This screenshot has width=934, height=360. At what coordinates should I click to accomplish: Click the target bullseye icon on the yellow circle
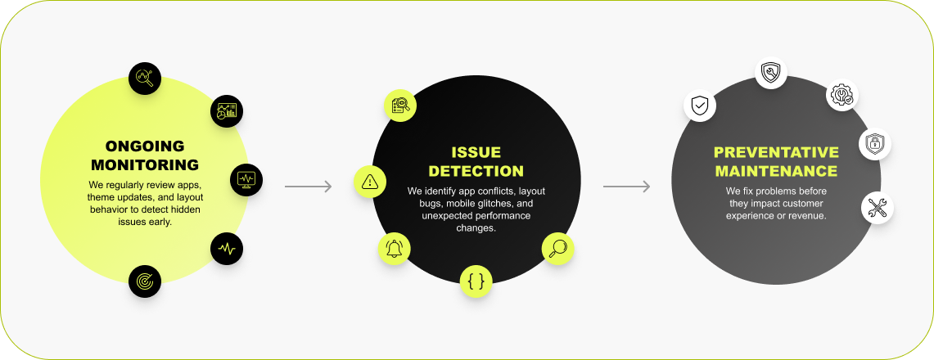pos(145,281)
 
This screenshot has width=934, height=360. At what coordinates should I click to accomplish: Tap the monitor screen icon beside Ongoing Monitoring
pos(246,179)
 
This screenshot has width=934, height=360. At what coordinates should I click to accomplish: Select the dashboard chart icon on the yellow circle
pos(227,111)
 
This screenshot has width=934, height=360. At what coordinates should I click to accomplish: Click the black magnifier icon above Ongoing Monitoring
pos(145,79)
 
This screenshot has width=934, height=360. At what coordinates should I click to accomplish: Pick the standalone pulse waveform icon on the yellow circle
pos(227,248)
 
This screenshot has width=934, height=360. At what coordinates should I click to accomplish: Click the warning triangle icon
pos(370,182)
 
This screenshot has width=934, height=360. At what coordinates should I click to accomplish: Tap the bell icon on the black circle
pos(394,249)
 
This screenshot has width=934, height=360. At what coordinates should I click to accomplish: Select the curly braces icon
pos(476,281)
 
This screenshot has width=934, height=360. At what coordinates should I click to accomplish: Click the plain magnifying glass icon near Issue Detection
pos(557,247)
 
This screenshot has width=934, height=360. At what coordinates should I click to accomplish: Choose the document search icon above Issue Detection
pos(400,105)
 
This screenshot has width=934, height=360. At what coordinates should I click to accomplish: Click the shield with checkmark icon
pos(700,106)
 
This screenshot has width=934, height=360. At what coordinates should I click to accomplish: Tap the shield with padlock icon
pos(874,144)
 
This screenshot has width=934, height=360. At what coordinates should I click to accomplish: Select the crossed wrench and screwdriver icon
pos(878,208)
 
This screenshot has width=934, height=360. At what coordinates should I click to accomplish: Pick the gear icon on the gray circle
pos(842,96)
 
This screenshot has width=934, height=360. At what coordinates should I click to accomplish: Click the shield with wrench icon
pos(770,73)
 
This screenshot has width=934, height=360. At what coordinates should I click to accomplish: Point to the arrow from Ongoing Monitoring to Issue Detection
pos(308,187)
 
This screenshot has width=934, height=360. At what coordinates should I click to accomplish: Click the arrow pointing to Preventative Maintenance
pos(626,187)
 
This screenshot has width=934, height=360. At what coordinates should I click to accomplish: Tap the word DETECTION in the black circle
pos(476,171)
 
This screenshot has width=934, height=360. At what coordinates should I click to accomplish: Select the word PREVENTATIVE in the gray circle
pos(776,152)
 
